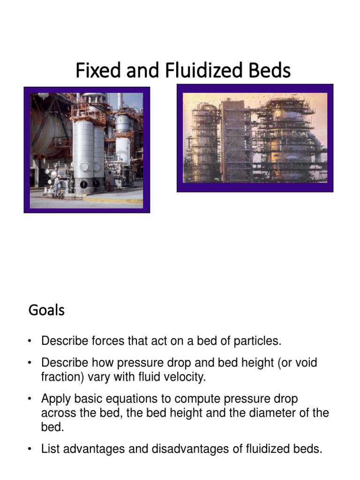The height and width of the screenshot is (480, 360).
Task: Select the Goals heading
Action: pos(46,310)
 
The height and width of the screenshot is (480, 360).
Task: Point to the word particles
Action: pos(259,341)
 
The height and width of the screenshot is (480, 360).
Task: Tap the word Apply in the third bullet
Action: pos(55,399)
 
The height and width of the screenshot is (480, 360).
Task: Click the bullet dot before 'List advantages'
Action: pos(30,450)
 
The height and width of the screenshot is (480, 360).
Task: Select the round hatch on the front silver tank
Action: pos(84,166)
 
